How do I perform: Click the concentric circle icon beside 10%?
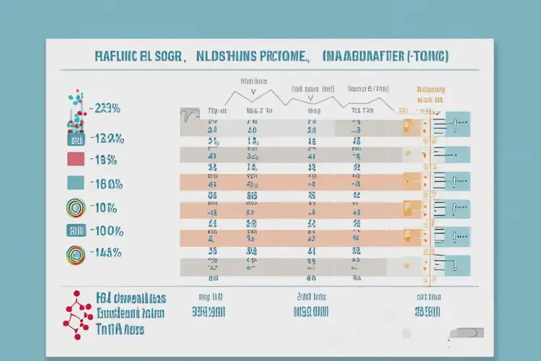click(x=76, y=208)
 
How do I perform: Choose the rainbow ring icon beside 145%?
click(x=76, y=253)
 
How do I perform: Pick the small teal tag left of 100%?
click(x=76, y=231)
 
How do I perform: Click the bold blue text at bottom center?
click(x=311, y=313)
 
